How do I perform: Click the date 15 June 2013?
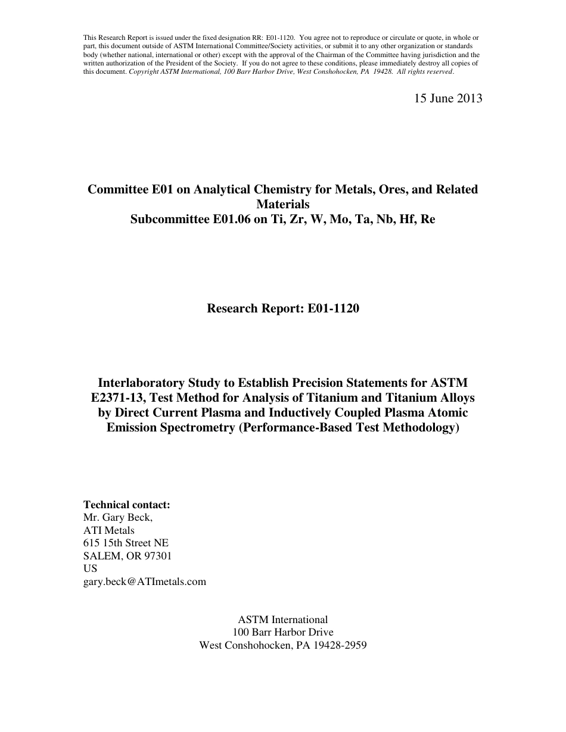(448, 99)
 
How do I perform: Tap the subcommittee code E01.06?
(230, 219)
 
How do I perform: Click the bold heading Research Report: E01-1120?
(283, 308)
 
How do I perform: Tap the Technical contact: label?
(127, 505)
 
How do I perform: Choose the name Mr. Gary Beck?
(117, 517)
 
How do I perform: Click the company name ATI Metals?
(109, 530)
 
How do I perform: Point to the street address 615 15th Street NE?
(126, 543)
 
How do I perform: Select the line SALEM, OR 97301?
(127, 556)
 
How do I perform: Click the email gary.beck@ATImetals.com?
(145, 581)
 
